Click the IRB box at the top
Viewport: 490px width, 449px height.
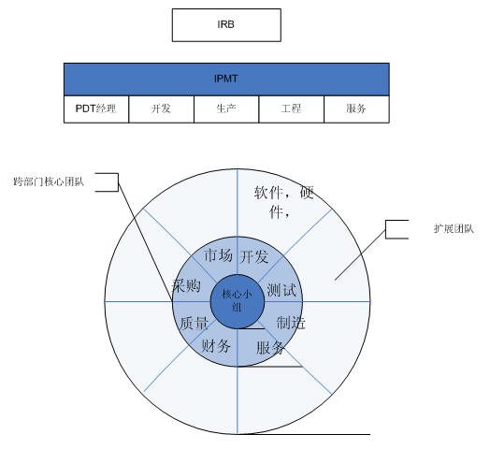pos(226,25)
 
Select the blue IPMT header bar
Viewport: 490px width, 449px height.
pos(226,80)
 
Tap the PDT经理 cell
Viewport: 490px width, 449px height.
pos(96,109)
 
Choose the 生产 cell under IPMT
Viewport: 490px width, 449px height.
pos(226,109)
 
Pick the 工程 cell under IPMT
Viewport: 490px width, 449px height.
pos(291,109)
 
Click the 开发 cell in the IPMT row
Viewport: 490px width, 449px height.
pos(161,109)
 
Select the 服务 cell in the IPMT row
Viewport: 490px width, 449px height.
pos(356,109)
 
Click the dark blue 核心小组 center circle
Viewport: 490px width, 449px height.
pos(238,301)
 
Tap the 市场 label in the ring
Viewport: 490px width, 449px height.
pos(218,255)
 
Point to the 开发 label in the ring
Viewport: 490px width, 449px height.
pos(254,256)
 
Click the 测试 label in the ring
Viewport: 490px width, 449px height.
pos(281,290)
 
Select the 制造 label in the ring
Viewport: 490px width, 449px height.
pos(291,323)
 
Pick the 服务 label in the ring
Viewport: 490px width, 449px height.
pos(270,347)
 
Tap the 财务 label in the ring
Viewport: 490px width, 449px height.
pos(216,346)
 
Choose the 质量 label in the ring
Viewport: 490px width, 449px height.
pos(195,323)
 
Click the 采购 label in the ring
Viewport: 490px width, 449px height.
pos(187,285)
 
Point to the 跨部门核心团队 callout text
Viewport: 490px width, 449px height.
pos(49,181)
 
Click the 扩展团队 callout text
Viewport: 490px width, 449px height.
pos(454,229)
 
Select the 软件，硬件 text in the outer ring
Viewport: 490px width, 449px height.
pos(283,202)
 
